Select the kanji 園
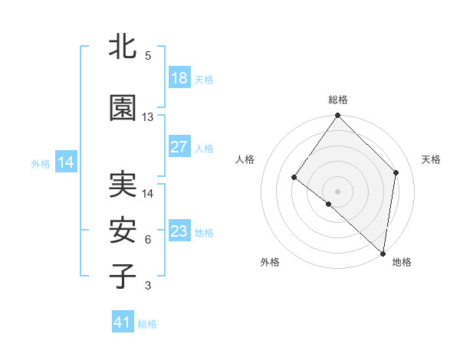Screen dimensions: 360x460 123,109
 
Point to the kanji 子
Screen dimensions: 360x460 123,276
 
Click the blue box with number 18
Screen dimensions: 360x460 179,78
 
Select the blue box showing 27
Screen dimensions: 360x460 179,147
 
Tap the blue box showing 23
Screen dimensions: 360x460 179,231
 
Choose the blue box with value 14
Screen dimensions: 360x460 66,162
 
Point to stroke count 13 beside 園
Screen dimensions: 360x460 148,117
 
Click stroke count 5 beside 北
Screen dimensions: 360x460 148,56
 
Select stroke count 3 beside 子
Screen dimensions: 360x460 148,286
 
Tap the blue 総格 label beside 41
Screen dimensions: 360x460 147,324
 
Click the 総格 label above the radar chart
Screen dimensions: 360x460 337,100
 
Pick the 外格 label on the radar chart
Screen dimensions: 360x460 270,262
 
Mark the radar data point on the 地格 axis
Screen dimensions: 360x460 383,254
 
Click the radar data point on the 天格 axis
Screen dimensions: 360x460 396,172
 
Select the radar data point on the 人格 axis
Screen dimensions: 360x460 294,178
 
